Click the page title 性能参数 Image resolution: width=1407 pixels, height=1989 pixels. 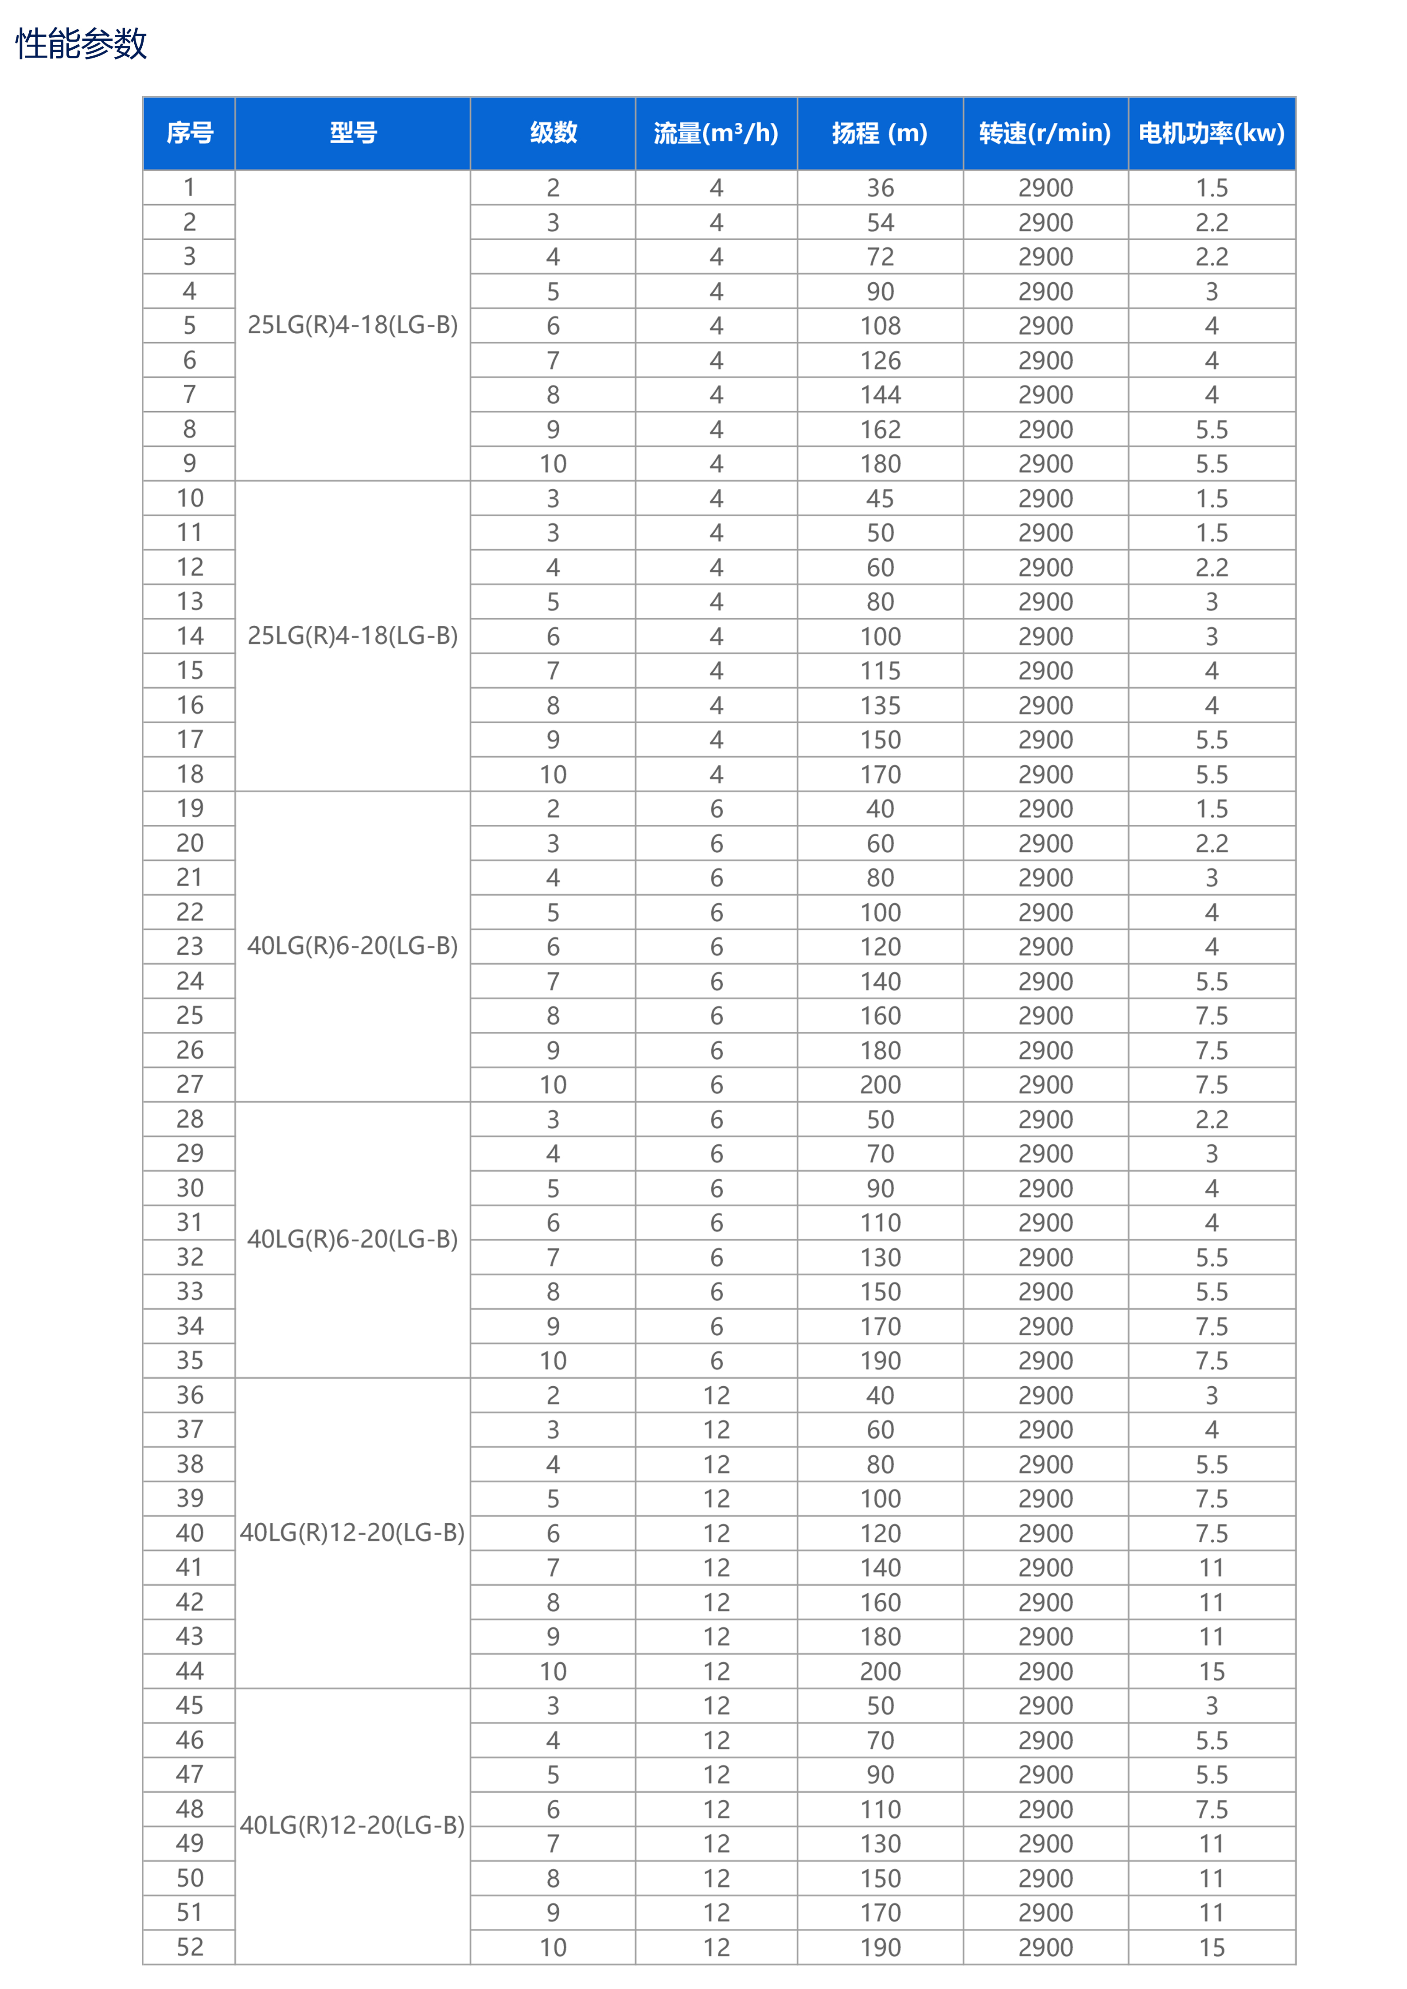pyautogui.click(x=82, y=43)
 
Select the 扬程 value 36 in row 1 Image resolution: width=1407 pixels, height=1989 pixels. pyautogui.click(x=880, y=188)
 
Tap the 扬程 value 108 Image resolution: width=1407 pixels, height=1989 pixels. pyautogui.click(x=880, y=326)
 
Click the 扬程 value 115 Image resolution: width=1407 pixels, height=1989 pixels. pyautogui.click(x=880, y=671)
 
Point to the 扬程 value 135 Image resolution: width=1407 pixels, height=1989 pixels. pyautogui.click(x=880, y=705)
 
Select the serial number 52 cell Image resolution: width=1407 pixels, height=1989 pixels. pyautogui.click(x=190, y=1946)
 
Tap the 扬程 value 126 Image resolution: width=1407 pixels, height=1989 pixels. pyautogui.click(x=880, y=360)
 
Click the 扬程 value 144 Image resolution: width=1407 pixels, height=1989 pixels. pyautogui.click(x=880, y=395)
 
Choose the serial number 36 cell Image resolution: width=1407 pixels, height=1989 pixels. pyautogui.click(x=190, y=1395)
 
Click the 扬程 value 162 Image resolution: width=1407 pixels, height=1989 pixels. pyautogui.click(x=880, y=430)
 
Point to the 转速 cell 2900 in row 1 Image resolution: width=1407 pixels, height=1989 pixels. pyautogui.click(x=1046, y=188)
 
